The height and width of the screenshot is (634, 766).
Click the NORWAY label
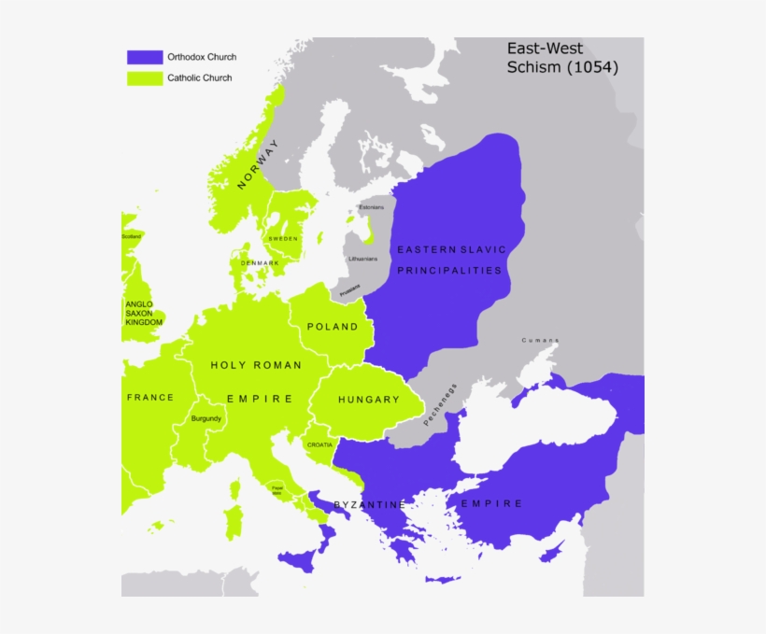258,164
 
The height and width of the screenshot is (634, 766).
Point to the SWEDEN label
283,239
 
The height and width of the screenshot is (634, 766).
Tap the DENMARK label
260,263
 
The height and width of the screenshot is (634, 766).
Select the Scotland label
131,236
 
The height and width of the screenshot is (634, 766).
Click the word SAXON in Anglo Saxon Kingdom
139,313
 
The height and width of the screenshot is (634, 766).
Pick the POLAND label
333,327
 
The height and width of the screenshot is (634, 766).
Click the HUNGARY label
369,400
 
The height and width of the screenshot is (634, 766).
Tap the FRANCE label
150,397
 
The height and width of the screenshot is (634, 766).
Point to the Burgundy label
206,418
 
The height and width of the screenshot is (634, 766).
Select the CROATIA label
319,445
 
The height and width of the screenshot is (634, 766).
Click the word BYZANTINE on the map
370,505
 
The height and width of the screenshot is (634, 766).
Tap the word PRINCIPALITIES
449,271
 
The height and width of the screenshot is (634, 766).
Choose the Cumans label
541,340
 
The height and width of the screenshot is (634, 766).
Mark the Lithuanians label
362,259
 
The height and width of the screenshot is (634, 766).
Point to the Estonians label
371,206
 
